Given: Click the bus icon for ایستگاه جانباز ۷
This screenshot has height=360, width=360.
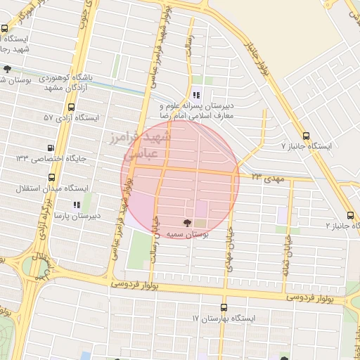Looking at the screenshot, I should click(305, 136).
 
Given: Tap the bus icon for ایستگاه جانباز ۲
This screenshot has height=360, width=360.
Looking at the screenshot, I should click(350, 215).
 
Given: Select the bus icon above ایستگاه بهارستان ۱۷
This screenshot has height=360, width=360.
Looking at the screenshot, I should click(224, 307).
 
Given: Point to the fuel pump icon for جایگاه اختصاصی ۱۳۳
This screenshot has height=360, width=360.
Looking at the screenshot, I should click(50, 148).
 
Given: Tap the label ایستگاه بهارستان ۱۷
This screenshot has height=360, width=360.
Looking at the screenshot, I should click(224, 319).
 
